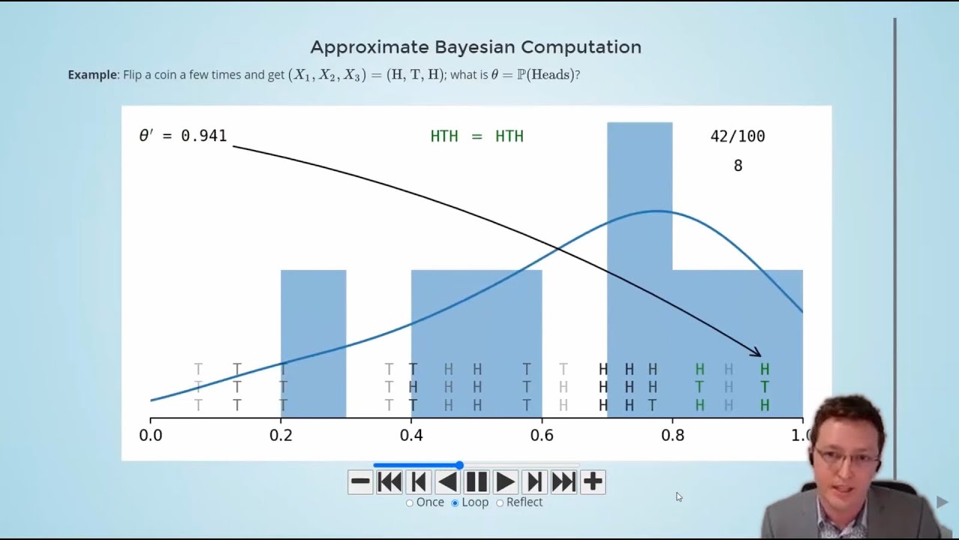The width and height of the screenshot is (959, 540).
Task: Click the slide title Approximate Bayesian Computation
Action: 476,47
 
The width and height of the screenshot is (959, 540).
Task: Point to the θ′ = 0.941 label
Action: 183,136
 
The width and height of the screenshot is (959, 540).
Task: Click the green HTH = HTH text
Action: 477,136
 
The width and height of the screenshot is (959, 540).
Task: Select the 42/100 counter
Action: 737,136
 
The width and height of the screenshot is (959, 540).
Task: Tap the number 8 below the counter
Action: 738,166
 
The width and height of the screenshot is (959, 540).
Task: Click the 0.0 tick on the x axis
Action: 151,435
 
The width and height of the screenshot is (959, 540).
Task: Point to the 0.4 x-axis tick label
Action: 411,435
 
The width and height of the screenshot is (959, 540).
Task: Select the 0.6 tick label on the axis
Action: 542,435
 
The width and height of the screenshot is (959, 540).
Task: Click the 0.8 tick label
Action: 672,435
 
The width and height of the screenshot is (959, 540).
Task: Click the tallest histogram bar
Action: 639,225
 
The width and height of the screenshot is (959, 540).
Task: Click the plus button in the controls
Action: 593,481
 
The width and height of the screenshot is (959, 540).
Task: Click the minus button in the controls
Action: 360,481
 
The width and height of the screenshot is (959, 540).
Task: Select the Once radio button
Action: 410,502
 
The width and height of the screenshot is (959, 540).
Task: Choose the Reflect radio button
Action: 500,502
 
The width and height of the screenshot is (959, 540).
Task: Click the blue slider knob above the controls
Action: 459,466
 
